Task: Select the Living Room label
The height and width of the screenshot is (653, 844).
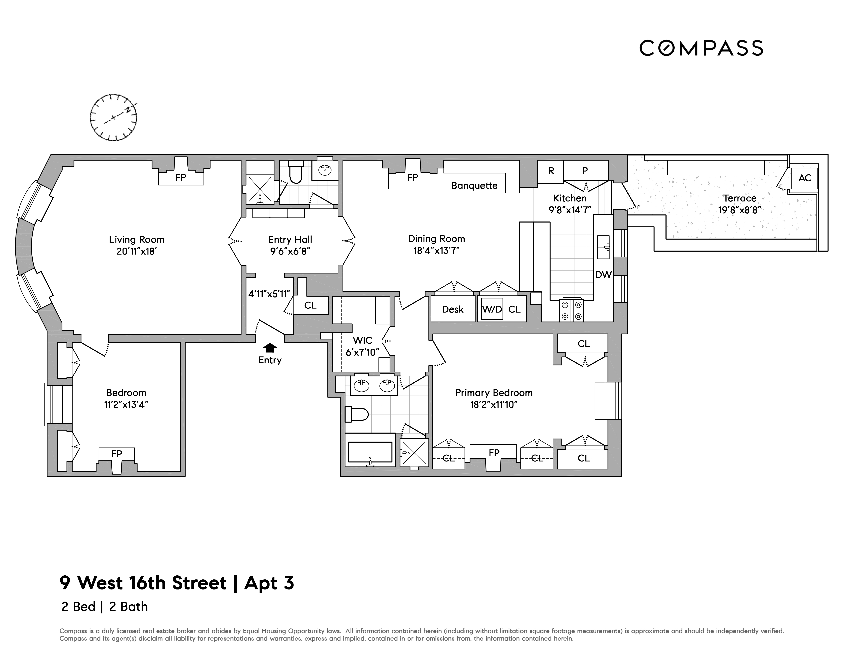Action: point(136,239)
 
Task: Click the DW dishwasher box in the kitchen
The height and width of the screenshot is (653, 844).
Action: point(603,275)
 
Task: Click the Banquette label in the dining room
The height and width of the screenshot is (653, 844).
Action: point(474,186)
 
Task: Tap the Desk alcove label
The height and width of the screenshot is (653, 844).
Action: point(452,309)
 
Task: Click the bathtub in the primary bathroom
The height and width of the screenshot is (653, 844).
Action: point(370,452)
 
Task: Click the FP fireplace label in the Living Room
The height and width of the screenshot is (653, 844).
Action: point(181,178)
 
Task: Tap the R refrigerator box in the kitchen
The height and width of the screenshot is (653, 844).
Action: point(551,171)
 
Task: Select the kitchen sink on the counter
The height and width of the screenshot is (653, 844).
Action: point(603,247)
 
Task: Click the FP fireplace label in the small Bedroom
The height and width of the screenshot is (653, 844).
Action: point(117,454)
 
